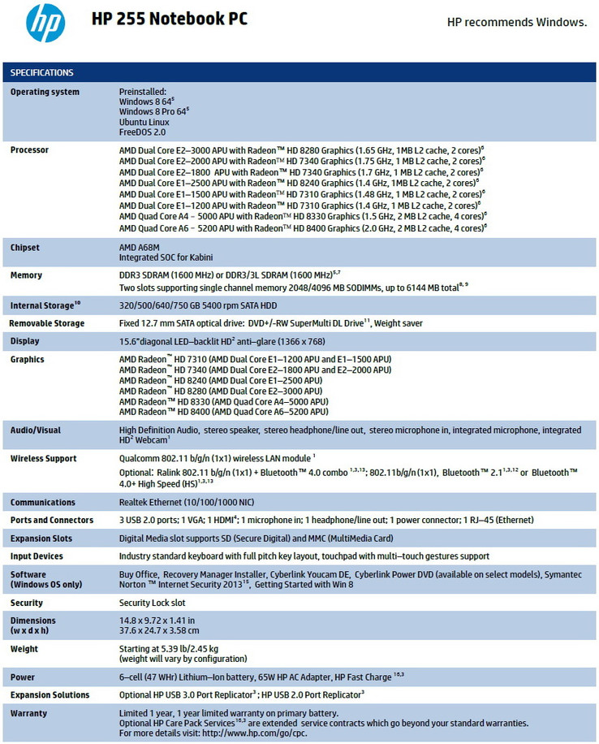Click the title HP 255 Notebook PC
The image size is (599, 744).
pyautogui.click(x=169, y=19)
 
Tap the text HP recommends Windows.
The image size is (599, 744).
pyautogui.click(x=517, y=22)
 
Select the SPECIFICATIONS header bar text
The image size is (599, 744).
pyautogui.click(x=42, y=73)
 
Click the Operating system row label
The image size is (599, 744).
pyautogui.click(x=45, y=92)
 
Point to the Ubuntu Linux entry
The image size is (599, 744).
pyautogui.click(x=144, y=121)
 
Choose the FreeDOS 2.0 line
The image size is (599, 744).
pyautogui.click(x=143, y=131)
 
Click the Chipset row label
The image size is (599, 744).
pyautogui.click(x=25, y=248)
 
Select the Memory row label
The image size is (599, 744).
pyautogui.click(x=27, y=276)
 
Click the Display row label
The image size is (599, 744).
pyautogui.click(x=25, y=341)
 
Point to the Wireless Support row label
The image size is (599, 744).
pyautogui.click(x=44, y=458)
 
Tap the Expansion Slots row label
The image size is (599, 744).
pyautogui.click(x=41, y=539)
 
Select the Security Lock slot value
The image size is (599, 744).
pyautogui.click(x=153, y=603)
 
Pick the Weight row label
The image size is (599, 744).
pyautogui.click(x=24, y=649)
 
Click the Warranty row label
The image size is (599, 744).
pyautogui.click(x=28, y=713)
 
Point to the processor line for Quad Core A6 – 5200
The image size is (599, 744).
pyautogui.click(x=302, y=228)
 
